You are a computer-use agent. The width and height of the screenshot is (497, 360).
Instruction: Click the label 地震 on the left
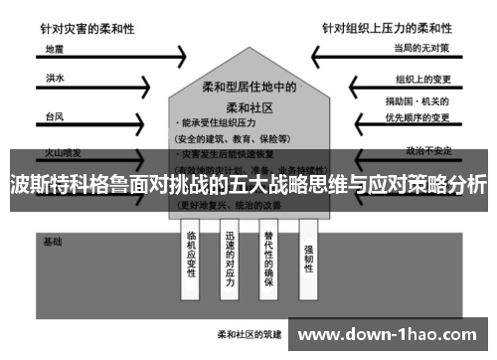point(53,48)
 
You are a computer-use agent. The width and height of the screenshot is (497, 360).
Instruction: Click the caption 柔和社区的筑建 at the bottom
point(246,333)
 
